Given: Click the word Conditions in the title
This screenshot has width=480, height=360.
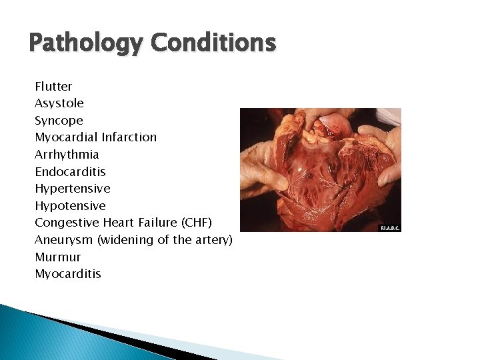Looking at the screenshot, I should click(213, 43).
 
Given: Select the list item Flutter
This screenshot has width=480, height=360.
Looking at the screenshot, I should click(53, 87).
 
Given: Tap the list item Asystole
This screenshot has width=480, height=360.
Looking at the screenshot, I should click(59, 103).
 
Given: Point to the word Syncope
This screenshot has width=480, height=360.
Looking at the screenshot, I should click(59, 121).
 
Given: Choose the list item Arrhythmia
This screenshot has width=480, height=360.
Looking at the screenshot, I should click(67, 155).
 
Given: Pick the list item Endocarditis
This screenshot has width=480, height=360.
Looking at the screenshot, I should click(70, 171).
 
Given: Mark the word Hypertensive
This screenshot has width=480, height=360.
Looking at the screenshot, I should click(73, 189).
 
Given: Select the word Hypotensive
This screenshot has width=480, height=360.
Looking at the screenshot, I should click(70, 206).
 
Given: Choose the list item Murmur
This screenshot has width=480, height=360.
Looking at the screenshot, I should click(57, 257).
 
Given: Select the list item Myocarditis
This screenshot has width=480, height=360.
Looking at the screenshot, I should click(68, 274).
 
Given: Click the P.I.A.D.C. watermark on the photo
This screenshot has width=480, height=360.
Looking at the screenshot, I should click(389, 228).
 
